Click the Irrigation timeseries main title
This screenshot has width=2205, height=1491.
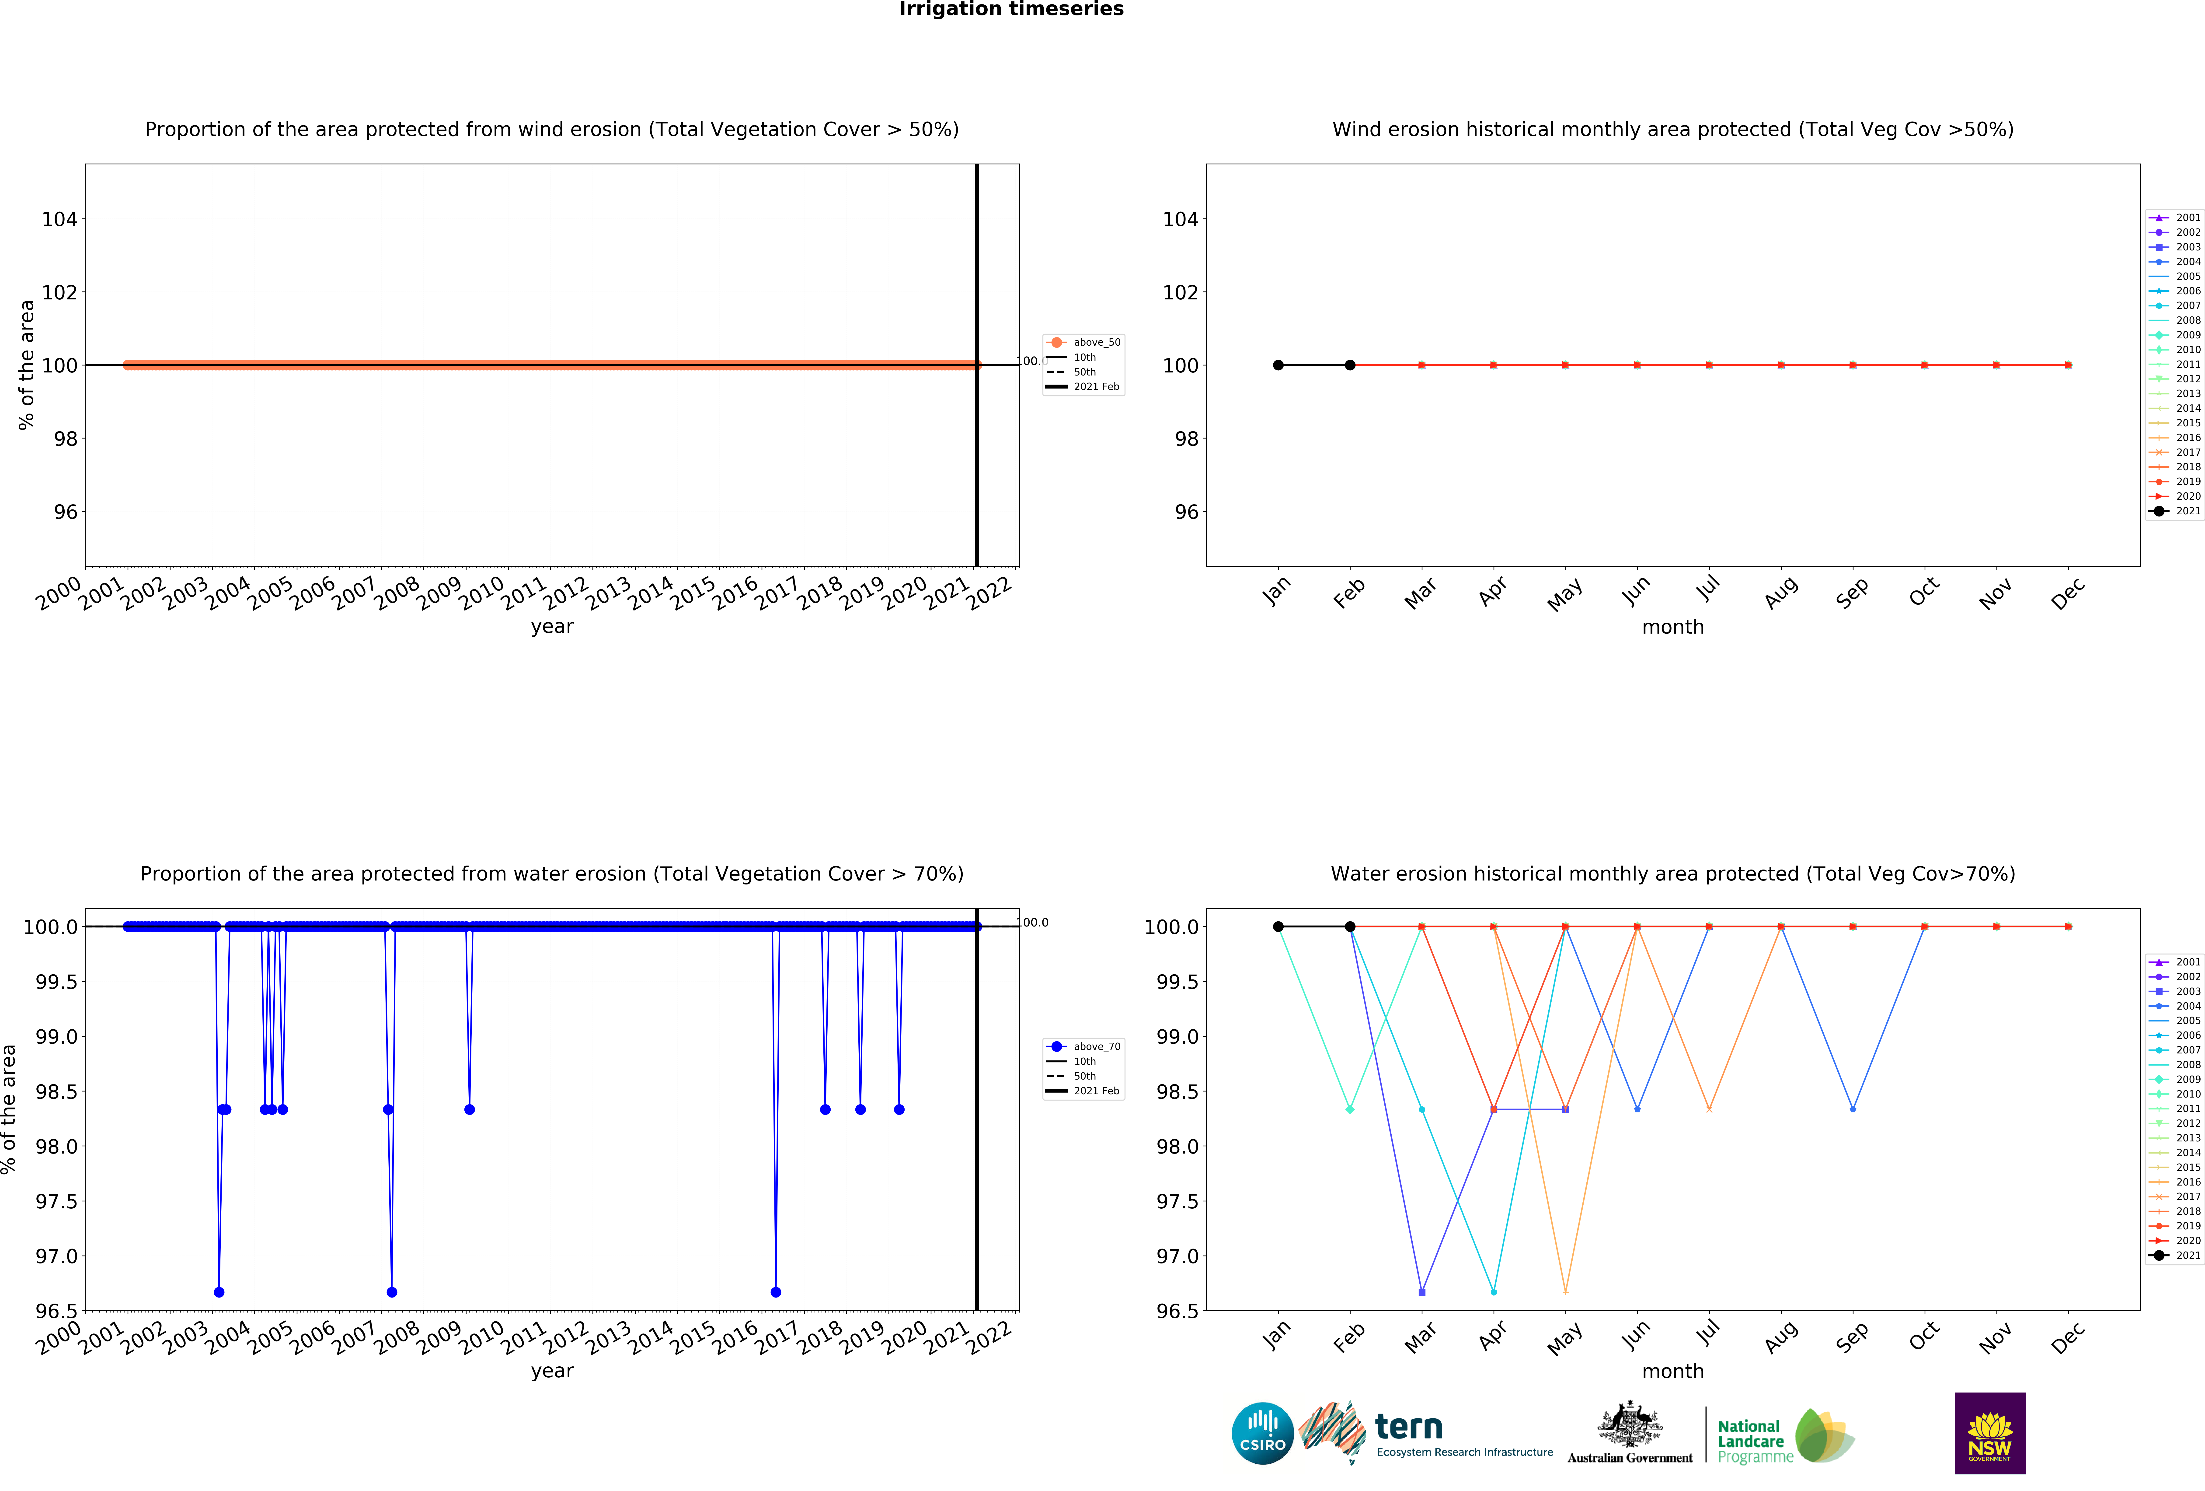tap(1010, 10)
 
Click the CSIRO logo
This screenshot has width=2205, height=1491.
tap(1262, 1433)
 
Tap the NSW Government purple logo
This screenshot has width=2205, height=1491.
tap(1990, 1433)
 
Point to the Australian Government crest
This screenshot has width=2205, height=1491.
tap(1629, 1424)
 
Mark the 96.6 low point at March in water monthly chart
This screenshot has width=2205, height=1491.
tap(1421, 1292)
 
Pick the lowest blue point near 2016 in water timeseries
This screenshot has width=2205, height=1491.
tap(776, 1292)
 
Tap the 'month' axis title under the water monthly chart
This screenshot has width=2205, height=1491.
tap(1673, 1372)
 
